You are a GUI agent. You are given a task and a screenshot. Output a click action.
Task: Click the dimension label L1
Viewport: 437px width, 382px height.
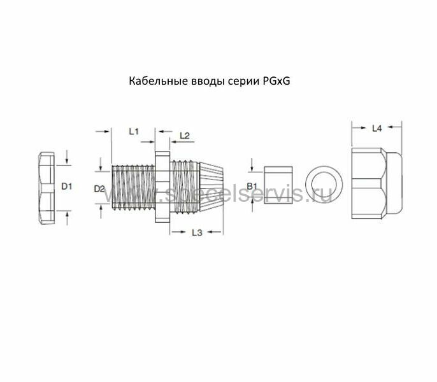134,131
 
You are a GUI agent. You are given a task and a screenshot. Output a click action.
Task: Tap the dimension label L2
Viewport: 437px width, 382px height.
185,136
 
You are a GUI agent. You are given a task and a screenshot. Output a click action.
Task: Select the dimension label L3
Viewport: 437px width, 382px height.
197,232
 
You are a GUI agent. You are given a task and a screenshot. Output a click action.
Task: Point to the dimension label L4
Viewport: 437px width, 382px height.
377,129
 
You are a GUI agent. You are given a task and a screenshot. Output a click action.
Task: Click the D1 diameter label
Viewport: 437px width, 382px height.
67,187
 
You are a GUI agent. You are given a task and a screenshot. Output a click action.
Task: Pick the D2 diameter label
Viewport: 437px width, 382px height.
99,189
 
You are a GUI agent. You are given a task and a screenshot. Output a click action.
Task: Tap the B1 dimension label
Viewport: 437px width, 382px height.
252,186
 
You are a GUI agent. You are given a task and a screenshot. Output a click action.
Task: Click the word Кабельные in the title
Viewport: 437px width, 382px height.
158,81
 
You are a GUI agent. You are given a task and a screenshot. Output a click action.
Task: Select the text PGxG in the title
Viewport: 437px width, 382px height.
276,81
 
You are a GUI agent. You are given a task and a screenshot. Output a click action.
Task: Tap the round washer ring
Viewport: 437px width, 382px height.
324,185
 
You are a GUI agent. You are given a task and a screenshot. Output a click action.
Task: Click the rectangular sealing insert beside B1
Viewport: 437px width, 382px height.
278,185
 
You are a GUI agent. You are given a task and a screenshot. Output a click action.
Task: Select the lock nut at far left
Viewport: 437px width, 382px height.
47,188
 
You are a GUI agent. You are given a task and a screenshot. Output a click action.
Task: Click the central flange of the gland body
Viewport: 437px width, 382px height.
162,187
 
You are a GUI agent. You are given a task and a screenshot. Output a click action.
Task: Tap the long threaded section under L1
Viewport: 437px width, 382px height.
133,187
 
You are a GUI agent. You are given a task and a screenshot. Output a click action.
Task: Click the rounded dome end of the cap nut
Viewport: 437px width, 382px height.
394,183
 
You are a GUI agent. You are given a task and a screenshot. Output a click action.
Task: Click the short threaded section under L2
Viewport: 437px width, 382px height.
185,187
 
